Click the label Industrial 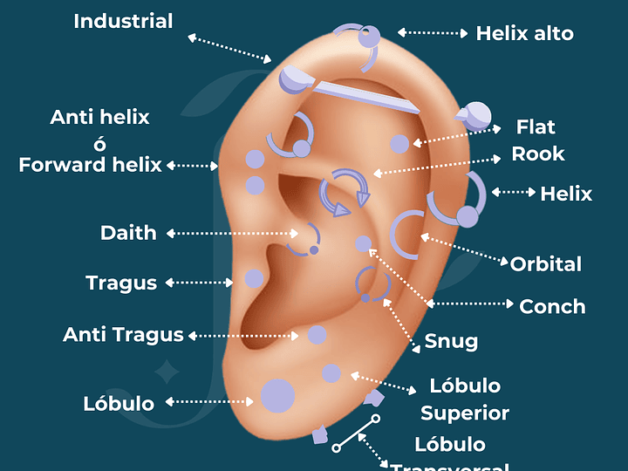[x=123, y=21]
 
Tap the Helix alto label [x=524, y=34]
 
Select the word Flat [x=536, y=127]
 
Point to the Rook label [x=538, y=154]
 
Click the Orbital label [x=546, y=264]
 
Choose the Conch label [x=552, y=307]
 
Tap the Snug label [x=451, y=341]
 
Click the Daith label [x=128, y=233]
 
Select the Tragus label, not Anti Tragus [x=121, y=283]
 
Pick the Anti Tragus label [x=123, y=335]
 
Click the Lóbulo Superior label [x=465, y=399]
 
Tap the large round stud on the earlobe [x=277, y=395]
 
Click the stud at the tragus [x=254, y=279]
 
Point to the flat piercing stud [x=399, y=144]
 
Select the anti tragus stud [x=317, y=334]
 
